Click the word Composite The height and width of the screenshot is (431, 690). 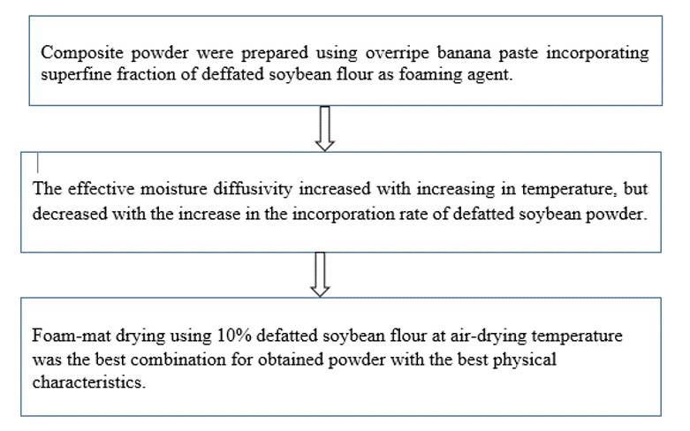click(82, 54)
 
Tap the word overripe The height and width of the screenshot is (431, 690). click(397, 54)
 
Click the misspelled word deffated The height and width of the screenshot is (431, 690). click(231, 74)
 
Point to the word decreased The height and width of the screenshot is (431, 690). click(70, 214)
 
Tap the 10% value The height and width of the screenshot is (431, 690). click(234, 336)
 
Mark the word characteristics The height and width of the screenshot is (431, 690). click(88, 382)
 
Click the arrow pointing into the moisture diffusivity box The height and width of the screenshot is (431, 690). click(325, 128)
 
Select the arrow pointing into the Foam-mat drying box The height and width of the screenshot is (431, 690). click(320, 275)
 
